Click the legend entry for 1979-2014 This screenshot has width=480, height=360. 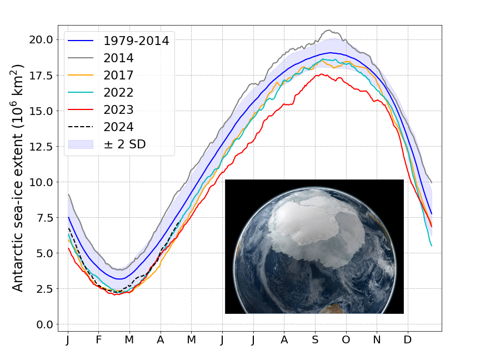(x=136, y=40)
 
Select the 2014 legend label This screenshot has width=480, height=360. (x=118, y=57)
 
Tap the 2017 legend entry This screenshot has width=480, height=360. (x=118, y=75)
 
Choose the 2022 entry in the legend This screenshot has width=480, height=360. (x=118, y=92)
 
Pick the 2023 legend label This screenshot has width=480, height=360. (x=118, y=109)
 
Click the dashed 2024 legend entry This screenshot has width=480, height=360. (x=118, y=127)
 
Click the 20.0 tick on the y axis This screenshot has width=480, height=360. (x=42, y=40)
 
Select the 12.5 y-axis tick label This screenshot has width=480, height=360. (x=42, y=147)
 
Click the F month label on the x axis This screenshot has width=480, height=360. (x=98, y=339)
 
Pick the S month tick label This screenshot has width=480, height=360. (x=316, y=339)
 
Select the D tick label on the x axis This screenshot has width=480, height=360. (x=408, y=339)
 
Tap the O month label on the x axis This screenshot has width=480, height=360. (x=346, y=339)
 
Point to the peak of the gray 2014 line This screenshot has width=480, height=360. (x=329, y=30)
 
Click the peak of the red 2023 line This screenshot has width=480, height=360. (x=321, y=74)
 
